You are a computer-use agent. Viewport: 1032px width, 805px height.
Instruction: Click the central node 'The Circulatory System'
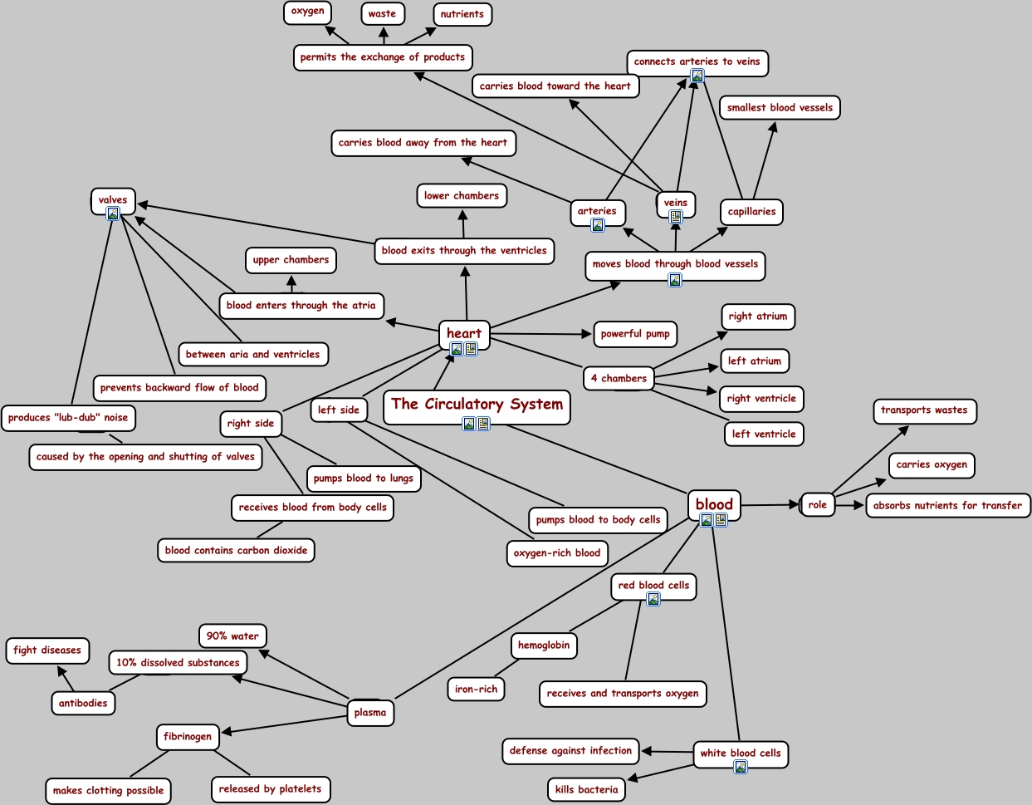coord(477,405)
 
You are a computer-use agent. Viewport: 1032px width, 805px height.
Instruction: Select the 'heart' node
coord(464,333)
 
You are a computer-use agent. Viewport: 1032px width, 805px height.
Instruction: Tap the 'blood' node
coord(714,503)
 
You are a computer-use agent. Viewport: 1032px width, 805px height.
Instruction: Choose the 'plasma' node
coord(370,712)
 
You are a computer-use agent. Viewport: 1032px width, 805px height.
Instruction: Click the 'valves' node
coord(113,199)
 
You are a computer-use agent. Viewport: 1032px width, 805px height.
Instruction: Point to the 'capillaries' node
coord(751,212)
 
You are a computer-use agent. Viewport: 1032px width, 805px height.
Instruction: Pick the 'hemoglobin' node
coord(544,645)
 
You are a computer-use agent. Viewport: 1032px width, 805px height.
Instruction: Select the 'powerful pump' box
coord(635,334)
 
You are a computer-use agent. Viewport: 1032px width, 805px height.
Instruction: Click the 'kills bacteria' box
coord(586,789)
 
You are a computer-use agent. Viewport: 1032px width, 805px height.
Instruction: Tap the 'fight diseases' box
coord(47,650)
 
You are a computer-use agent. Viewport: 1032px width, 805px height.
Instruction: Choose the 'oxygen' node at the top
coord(308,12)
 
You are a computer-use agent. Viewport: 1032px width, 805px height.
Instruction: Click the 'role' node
coord(818,504)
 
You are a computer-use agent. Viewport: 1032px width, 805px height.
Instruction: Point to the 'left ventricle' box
coord(764,434)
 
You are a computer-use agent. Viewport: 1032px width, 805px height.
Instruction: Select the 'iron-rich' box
coord(477,689)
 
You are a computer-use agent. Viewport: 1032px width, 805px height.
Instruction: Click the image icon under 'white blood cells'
coord(740,767)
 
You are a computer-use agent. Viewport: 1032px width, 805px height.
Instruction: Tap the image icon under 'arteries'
coord(598,225)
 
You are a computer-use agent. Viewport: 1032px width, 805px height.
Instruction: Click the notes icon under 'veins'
coord(676,217)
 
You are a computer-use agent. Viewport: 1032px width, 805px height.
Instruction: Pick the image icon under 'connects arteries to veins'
coord(697,76)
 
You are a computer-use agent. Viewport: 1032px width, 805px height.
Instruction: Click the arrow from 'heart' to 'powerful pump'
coord(540,334)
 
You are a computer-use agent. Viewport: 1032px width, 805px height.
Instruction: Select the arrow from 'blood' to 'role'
coord(770,504)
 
